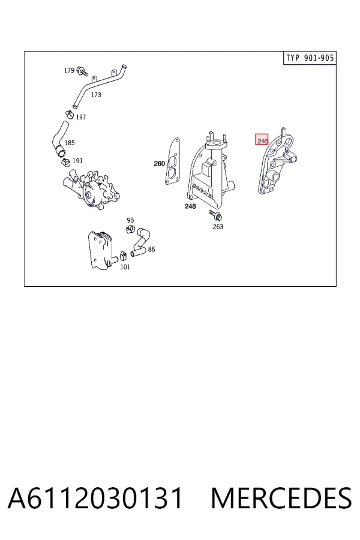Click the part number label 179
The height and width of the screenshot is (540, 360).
(69, 70)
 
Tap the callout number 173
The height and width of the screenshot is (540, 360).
(96, 95)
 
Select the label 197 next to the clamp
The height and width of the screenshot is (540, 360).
(80, 117)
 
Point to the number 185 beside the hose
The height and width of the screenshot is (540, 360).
(70, 143)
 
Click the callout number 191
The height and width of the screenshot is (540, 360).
(77, 161)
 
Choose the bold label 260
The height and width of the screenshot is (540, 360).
(159, 164)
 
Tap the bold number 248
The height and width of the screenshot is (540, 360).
(190, 206)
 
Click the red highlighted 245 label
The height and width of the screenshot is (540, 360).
(262, 139)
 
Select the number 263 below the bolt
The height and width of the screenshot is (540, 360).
(218, 226)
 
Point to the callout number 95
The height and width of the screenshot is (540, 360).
(130, 220)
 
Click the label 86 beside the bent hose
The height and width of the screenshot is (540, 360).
(151, 249)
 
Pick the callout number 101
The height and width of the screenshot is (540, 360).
(125, 267)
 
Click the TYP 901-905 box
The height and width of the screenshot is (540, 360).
(310, 58)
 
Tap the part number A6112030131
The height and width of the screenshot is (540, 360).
(95, 498)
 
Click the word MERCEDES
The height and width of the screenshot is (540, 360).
(281, 498)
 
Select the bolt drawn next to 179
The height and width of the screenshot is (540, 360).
(82, 71)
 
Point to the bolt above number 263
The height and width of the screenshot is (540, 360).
(215, 215)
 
